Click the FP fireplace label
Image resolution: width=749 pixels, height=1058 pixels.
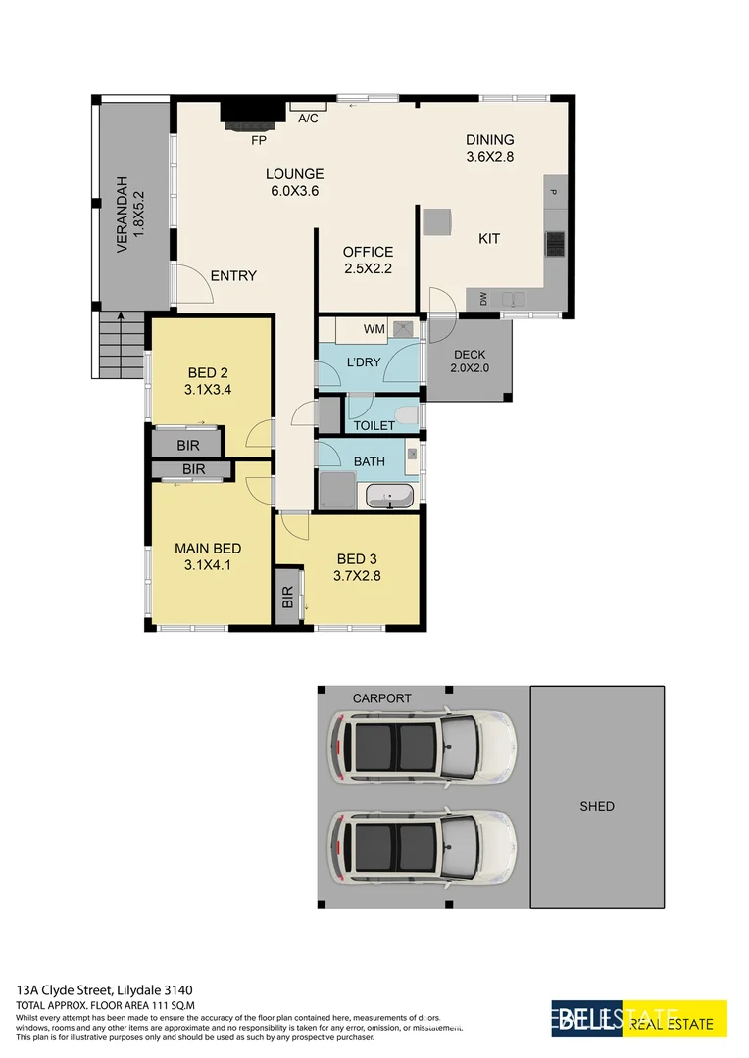259,141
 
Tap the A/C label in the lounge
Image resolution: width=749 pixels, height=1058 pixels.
308,119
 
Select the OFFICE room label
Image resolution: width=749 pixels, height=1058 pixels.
368,252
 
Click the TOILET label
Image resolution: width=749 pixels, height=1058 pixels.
374,425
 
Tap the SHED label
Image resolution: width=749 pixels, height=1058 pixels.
596,806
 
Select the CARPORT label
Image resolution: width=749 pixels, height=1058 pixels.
382,698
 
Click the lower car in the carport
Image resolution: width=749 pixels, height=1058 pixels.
421,844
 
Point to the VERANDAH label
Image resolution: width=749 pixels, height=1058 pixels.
130,215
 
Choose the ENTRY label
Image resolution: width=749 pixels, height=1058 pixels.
233,276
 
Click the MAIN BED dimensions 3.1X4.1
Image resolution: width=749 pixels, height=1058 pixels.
207,564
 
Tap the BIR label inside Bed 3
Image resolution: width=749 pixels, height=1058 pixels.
287,597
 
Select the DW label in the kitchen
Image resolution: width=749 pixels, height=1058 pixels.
483,300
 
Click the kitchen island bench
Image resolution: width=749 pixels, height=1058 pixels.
436,221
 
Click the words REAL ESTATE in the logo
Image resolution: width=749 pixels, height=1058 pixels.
671,1024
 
